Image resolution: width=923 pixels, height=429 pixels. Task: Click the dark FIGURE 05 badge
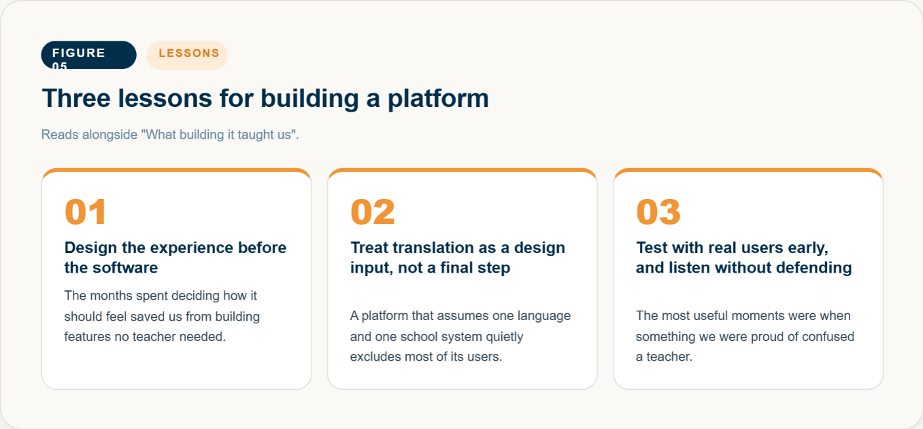89,55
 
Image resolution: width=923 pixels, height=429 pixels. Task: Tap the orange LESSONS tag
187,55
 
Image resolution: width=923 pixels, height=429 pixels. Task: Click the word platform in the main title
438,99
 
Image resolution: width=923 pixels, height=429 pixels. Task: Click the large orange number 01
85,212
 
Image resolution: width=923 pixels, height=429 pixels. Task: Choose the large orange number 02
372,212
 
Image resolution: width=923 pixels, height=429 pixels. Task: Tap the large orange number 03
658,212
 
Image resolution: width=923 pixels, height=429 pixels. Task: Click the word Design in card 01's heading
91,248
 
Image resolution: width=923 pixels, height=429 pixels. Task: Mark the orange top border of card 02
462,170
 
